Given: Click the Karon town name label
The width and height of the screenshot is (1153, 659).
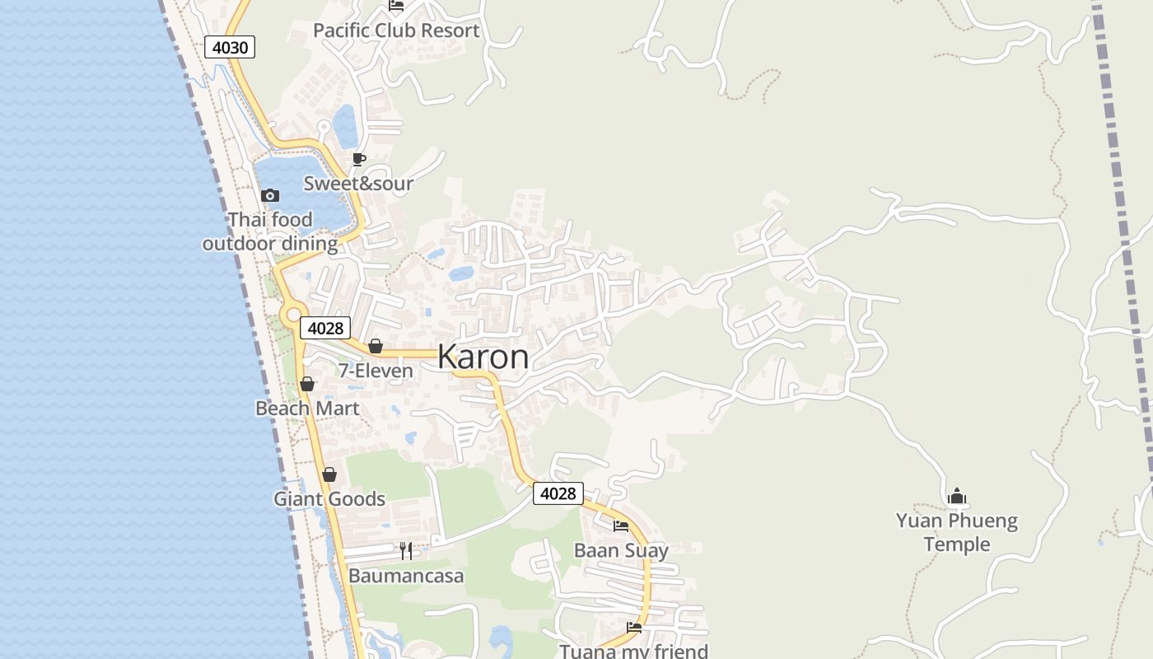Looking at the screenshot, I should click(x=483, y=357).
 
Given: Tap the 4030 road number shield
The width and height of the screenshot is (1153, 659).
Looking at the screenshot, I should click(x=230, y=47).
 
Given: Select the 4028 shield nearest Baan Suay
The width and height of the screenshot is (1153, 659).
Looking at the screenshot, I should click(x=558, y=493).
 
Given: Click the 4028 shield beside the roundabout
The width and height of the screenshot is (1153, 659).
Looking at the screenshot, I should click(x=325, y=328).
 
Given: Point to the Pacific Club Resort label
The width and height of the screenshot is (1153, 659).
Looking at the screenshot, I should click(x=396, y=30).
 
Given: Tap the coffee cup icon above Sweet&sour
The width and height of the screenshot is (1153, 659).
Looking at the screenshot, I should click(x=358, y=159).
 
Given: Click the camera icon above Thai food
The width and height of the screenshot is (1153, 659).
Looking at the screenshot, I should click(x=269, y=195).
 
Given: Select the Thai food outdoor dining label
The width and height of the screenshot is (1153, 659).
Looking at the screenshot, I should click(x=270, y=231).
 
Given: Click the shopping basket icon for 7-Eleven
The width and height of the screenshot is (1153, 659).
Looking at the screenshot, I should click(x=376, y=346).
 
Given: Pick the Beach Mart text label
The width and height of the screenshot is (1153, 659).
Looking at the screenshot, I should click(x=307, y=409).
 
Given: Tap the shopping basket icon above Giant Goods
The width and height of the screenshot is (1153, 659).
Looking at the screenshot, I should click(x=329, y=474).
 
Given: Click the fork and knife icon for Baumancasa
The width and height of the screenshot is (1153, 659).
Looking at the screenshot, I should click(x=405, y=550).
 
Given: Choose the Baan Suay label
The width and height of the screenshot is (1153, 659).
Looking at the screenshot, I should click(x=621, y=550).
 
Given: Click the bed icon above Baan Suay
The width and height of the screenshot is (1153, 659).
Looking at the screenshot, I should click(x=621, y=526).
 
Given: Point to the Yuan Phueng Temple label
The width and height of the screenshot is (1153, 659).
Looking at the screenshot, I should click(x=957, y=532).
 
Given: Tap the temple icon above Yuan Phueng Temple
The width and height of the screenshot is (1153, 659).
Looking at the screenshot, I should click(x=957, y=496).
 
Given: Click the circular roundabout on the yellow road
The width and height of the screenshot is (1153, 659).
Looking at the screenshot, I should click(x=292, y=315).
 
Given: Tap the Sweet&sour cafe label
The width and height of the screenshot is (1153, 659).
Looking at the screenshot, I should click(x=358, y=184).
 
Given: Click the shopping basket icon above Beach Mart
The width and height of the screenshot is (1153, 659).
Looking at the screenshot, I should click(x=307, y=384).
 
